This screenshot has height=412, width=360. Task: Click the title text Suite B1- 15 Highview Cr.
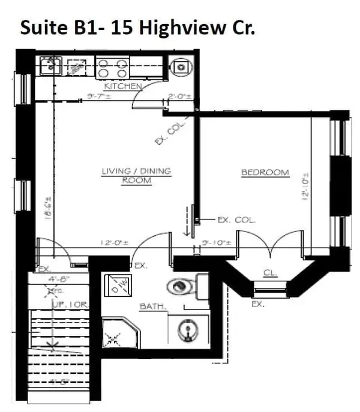[137, 28]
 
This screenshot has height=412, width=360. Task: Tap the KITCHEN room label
[122, 86]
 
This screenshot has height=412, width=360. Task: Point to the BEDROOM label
[265, 173]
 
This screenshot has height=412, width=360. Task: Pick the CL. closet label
[270, 273]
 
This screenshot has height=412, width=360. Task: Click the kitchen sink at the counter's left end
[50, 65]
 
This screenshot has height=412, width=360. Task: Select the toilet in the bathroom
[181, 287]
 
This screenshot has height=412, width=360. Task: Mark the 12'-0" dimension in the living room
[115, 243]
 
